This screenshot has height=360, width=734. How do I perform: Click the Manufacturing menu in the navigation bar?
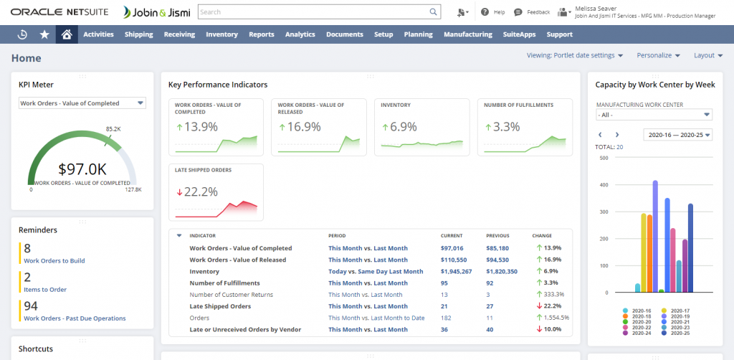pos(467,34)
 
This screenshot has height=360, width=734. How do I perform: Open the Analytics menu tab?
pos(300,34)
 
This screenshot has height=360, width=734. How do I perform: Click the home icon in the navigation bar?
pos(67,34)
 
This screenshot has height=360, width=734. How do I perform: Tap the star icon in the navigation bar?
pos(44,34)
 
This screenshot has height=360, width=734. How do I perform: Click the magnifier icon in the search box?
pos(433,12)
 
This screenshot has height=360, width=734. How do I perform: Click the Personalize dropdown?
pos(657,55)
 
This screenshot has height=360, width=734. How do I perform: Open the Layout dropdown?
pos(708,55)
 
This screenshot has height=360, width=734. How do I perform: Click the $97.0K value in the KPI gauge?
pos(82,169)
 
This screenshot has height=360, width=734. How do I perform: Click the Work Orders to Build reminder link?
pos(54,261)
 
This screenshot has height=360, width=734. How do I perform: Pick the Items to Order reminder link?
pos(45,290)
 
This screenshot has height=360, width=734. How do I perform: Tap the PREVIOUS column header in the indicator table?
pos(497,236)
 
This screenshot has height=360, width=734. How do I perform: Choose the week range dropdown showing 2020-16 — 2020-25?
pos(677,135)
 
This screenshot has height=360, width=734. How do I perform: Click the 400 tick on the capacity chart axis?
pos(604,185)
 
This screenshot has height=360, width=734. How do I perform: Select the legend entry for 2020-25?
pos(682,333)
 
